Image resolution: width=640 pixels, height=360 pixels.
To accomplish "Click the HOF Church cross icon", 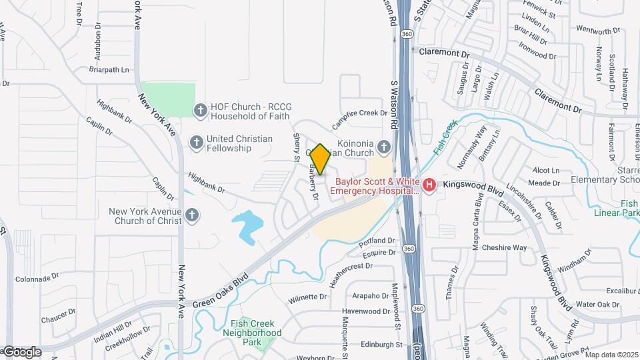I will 199,110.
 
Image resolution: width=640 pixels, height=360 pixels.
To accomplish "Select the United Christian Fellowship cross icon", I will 196,142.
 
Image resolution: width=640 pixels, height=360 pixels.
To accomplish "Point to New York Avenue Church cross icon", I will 192,215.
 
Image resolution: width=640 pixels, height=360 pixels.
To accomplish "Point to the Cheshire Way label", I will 505,247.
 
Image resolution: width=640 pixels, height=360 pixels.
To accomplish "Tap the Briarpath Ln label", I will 108,69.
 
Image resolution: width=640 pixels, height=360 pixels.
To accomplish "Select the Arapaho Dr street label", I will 370,295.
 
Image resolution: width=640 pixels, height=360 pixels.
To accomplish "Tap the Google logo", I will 21,351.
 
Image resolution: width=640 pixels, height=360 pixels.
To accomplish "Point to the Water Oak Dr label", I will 598,305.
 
